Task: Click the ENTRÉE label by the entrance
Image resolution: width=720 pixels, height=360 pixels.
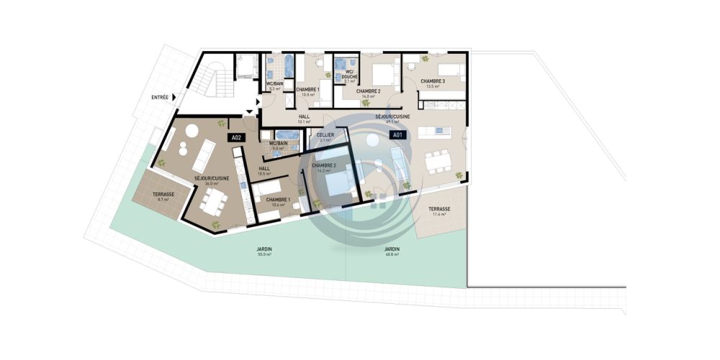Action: (160, 97)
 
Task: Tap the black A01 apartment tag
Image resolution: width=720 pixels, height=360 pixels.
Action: (396, 135)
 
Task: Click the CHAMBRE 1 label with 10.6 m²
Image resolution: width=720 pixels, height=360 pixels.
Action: (278, 202)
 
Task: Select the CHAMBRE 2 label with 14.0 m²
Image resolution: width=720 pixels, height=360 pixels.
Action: (369, 93)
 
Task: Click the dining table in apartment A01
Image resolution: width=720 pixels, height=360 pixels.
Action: (436, 161)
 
